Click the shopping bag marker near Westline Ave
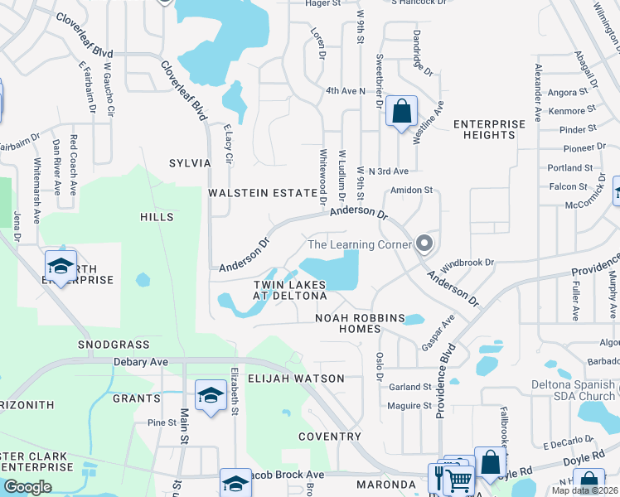(x=401, y=111)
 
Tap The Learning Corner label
(x=360, y=244)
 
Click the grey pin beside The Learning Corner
(x=424, y=244)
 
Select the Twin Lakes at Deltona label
(x=289, y=290)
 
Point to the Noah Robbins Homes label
(x=360, y=323)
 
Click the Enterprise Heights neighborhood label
(x=489, y=129)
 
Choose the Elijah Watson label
(x=296, y=379)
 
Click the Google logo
(x=27, y=487)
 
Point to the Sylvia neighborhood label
(x=190, y=163)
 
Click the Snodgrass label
(x=114, y=344)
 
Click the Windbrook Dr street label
(x=467, y=263)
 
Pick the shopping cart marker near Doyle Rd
(x=458, y=478)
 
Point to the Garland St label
(x=410, y=386)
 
